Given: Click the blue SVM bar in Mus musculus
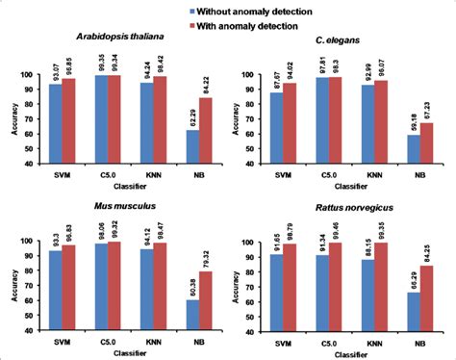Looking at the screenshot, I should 55,283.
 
